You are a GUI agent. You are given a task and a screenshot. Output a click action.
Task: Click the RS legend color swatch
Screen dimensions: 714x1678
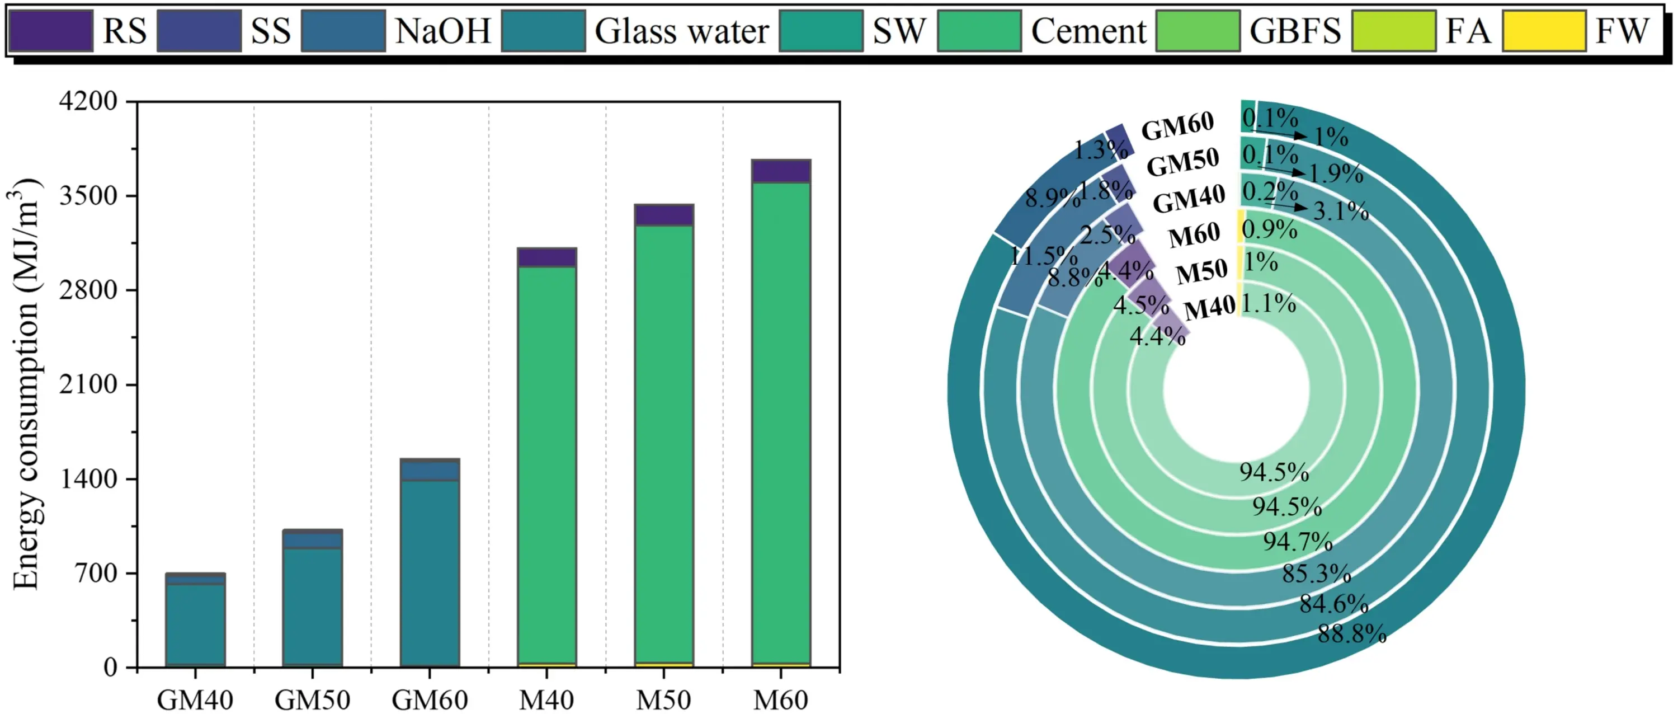pos(51,31)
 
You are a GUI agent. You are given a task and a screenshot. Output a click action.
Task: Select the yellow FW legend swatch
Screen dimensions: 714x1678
pos(1544,31)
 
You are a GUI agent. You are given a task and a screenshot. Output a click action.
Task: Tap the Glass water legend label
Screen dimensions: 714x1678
pos(681,31)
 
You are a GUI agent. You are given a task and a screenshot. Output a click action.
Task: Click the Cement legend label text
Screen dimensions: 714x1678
pos(1088,31)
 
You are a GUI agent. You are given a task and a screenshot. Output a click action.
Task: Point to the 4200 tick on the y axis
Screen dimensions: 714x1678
pos(88,101)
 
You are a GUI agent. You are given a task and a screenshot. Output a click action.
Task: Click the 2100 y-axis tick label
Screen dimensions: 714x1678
pos(88,384)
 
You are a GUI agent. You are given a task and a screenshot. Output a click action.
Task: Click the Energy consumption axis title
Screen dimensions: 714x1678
pos(26,384)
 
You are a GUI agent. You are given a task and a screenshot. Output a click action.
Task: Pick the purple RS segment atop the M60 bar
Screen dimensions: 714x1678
pos(780,171)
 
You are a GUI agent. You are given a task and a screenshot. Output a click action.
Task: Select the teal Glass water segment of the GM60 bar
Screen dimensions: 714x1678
pos(429,574)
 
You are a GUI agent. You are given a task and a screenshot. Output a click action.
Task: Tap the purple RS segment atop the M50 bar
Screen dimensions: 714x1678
pos(663,215)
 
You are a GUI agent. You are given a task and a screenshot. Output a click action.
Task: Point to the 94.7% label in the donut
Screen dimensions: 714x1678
pos(1298,541)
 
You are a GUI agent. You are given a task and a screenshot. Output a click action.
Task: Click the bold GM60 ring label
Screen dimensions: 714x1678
pos(1178,126)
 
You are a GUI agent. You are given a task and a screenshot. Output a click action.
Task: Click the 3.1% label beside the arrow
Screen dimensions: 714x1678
pos(1341,211)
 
